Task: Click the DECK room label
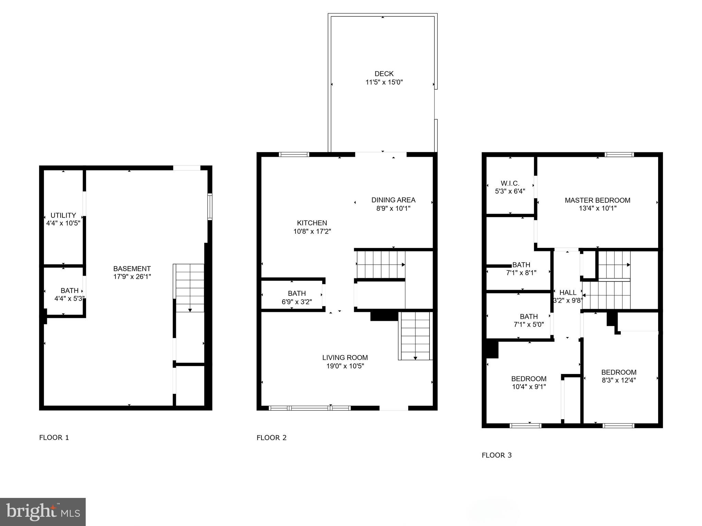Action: (x=384, y=74)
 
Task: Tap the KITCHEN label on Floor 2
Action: (x=312, y=223)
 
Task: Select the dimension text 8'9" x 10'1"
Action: (x=393, y=208)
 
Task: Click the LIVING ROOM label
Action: (x=345, y=358)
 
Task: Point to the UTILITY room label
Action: (x=63, y=215)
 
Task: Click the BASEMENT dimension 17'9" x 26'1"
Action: (x=132, y=277)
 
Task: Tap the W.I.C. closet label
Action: (x=510, y=183)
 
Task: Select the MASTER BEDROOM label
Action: (x=597, y=200)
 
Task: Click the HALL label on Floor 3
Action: (x=568, y=292)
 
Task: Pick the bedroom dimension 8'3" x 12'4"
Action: (x=619, y=380)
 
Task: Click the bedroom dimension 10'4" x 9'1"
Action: (x=529, y=387)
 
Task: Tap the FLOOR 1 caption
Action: (x=54, y=438)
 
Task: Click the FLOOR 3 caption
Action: (x=496, y=455)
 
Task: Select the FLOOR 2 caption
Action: (x=271, y=438)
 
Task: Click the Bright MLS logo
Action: (x=43, y=512)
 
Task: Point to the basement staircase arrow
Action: (x=190, y=310)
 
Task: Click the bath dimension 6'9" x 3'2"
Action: (x=296, y=302)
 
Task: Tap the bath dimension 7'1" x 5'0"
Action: (x=529, y=324)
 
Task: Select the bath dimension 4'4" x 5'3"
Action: (x=69, y=299)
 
